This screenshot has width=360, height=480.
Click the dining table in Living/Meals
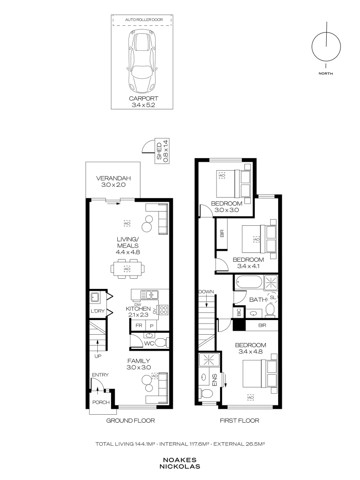click(x=127, y=269)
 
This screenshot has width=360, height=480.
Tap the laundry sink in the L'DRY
click(x=95, y=297)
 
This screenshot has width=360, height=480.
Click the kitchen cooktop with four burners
click(x=163, y=309)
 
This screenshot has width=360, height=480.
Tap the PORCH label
click(x=100, y=403)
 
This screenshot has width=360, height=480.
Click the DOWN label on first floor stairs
click(x=207, y=292)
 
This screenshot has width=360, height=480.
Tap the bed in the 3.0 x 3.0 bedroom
click(x=235, y=184)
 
